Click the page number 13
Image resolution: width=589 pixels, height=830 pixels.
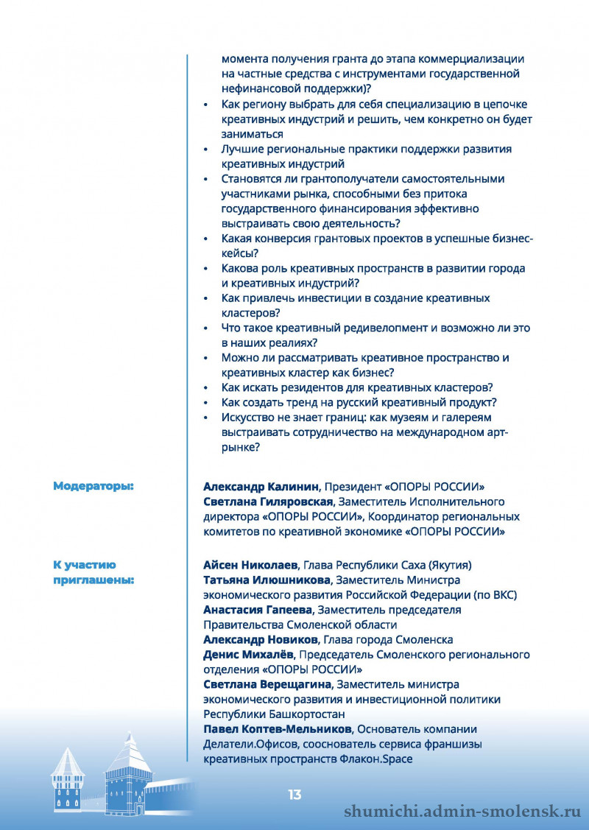coord(294,795)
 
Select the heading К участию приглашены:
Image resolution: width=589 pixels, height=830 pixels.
coord(93,572)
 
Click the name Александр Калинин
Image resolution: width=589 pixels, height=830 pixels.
coord(261,486)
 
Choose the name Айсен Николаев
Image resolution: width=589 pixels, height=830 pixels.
coord(250,565)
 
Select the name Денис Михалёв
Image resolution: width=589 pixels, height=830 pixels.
coord(248,655)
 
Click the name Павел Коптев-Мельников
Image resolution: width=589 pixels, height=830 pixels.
coord(278,729)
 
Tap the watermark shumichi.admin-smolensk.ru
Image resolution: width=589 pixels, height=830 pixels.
coord(463,810)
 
